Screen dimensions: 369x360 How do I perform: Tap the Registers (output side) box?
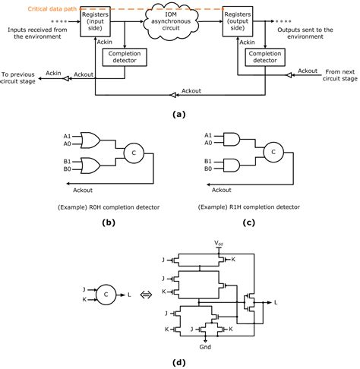238,23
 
